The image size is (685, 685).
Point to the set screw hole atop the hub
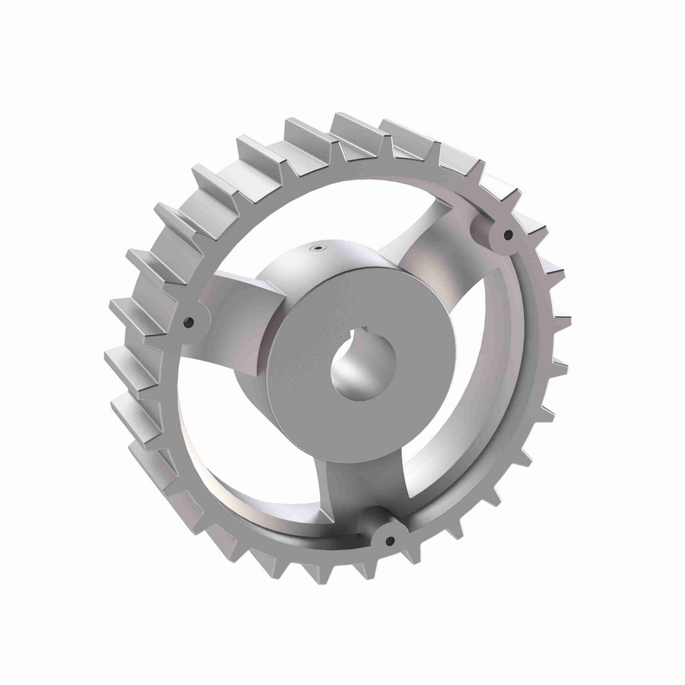(316, 248)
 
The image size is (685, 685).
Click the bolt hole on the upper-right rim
(505, 233)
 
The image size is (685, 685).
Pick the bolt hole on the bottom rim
(390, 540)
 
